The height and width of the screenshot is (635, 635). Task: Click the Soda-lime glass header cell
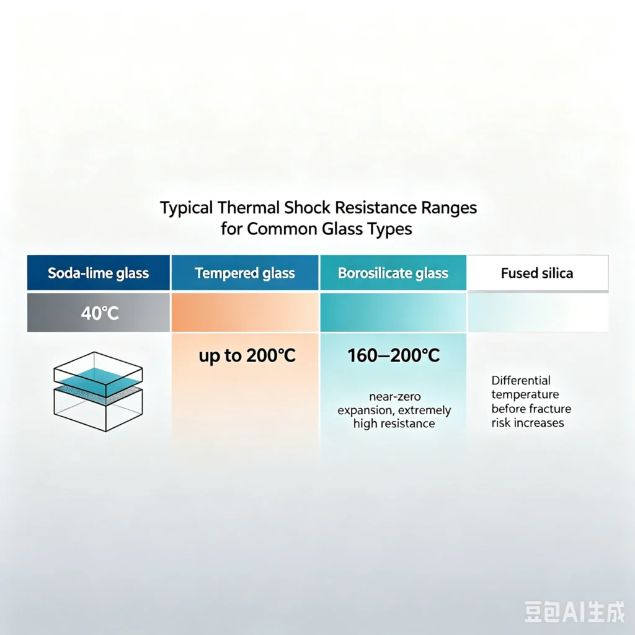tap(99, 273)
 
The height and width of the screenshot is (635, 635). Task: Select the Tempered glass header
tap(245, 273)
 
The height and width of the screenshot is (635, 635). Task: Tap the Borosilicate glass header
tap(393, 273)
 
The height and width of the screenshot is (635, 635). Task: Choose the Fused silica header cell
tap(538, 273)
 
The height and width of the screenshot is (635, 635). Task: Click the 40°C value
tap(100, 313)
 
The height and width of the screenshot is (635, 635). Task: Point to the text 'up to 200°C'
tap(247, 356)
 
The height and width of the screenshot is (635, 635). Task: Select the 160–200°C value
tap(394, 355)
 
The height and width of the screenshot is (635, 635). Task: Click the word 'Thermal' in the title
tap(248, 208)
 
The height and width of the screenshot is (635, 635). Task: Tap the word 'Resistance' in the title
tap(375, 208)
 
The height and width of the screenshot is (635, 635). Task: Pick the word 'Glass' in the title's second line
tap(342, 229)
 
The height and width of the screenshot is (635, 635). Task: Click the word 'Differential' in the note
tap(521, 380)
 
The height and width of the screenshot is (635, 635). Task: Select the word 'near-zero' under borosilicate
tap(395, 396)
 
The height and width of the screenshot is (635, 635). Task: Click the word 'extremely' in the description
tap(424, 411)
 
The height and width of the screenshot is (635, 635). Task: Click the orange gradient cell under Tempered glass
tap(245, 313)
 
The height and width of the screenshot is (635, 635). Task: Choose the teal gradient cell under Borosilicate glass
tap(393, 313)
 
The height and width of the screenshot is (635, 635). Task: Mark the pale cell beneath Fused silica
tap(538, 313)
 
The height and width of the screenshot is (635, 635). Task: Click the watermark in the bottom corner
tap(575, 611)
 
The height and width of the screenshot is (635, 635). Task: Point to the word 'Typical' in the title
tap(186, 208)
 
